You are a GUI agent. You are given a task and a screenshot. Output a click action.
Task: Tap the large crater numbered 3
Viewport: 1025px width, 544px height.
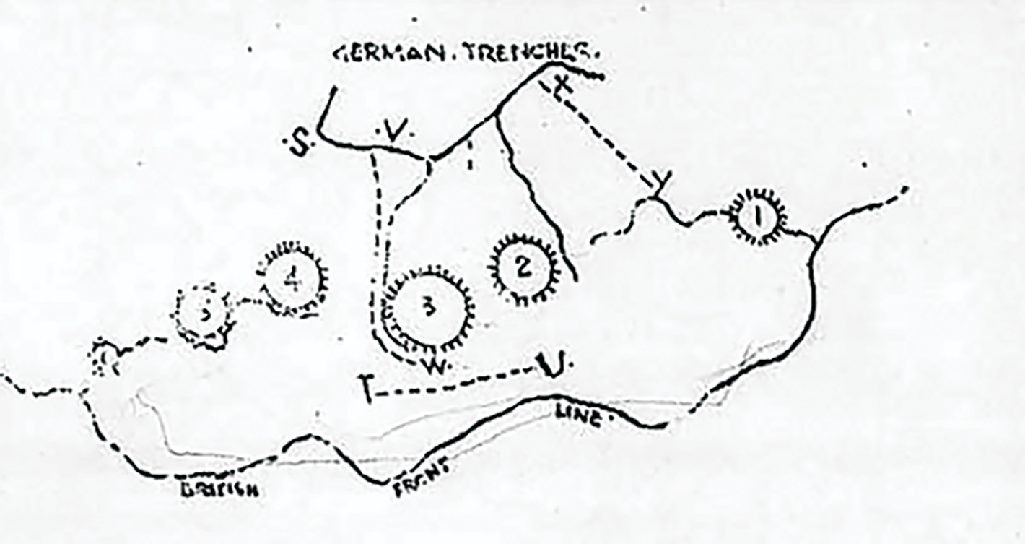(x=429, y=309)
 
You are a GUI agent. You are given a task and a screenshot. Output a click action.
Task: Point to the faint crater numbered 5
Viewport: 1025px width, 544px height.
(x=205, y=314)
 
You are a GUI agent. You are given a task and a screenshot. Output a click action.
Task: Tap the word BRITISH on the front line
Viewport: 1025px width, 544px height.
(x=217, y=489)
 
